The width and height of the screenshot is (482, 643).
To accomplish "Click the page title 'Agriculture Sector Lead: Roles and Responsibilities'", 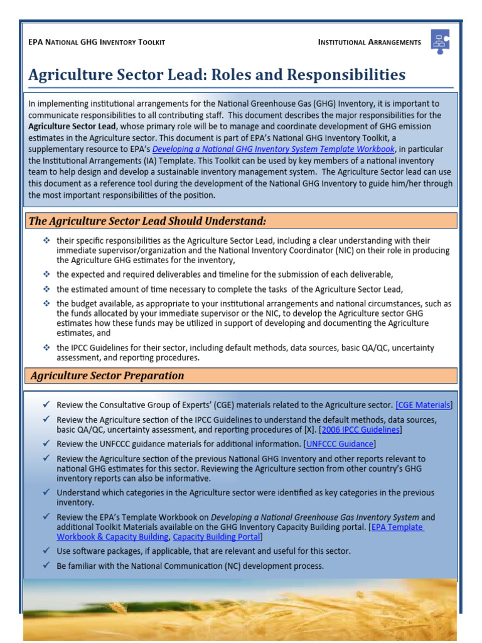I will click(217, 75).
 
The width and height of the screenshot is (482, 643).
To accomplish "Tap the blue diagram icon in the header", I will click(439, 41).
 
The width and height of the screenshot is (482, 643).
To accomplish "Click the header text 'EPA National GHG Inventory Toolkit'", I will click(97, 42).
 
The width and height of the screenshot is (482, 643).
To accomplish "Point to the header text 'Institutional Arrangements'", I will click(370, 42).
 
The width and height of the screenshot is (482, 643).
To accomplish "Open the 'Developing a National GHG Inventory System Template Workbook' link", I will click(274, 149).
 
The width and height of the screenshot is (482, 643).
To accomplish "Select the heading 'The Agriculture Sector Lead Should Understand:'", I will click(148, 221).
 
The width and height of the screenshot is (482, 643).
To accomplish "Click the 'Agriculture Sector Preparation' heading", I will click(107, 376).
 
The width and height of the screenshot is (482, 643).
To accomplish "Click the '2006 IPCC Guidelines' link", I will click(360, 430).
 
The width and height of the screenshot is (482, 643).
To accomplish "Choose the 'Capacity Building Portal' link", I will click(216, 538).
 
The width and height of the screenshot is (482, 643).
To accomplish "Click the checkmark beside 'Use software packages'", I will click(46, 551).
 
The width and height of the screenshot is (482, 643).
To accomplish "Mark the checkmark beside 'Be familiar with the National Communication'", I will click(46, 566).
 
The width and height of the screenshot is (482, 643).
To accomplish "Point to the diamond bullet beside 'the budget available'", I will click(46, 303).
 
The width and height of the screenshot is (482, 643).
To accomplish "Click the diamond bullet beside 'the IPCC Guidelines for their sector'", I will click(46, 347).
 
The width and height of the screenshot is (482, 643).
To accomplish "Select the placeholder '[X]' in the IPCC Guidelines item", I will click(309, 430).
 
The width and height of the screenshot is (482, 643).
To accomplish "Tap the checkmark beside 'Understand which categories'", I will click(46, 493).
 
